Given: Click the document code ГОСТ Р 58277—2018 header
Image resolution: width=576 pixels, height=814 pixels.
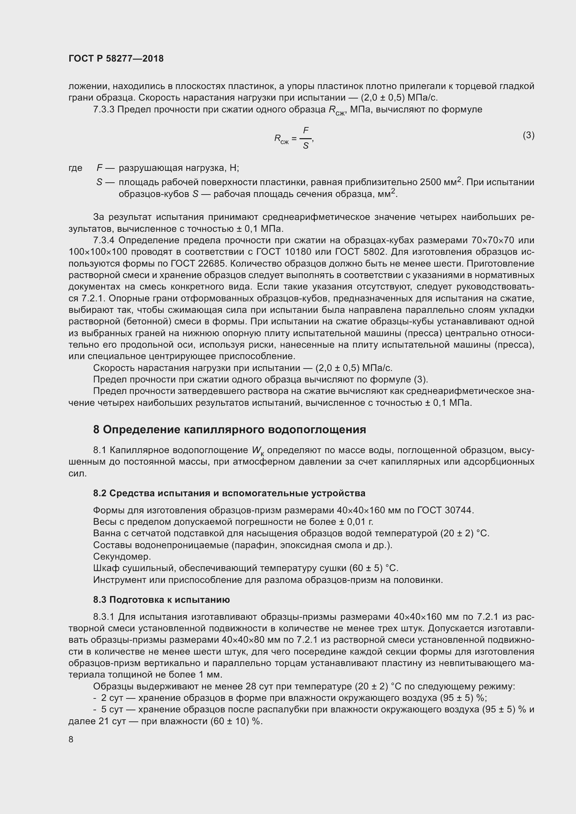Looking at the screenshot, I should point(116,58).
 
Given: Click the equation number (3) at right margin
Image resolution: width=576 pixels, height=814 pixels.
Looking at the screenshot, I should point(528,135).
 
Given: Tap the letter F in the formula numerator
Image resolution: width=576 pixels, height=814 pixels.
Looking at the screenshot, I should point(305,131).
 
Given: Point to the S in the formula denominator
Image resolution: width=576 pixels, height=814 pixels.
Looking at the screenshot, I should point(305,145).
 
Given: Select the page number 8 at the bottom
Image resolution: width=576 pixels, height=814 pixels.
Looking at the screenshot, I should point(71,739).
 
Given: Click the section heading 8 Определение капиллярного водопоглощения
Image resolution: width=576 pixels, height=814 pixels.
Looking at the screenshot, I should point(229,430).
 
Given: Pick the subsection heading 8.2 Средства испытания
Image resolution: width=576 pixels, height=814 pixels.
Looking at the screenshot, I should point(229,493).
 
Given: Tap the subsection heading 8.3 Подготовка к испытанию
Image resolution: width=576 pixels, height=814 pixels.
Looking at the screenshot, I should point(161,600).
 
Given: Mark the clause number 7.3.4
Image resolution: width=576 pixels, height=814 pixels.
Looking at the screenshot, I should point(104,240).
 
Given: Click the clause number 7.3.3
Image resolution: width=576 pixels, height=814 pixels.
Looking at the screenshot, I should point(103,110).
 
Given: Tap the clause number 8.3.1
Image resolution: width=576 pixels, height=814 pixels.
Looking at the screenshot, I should point(103,617).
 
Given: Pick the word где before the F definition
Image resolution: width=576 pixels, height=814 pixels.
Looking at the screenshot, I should point(75,168).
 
